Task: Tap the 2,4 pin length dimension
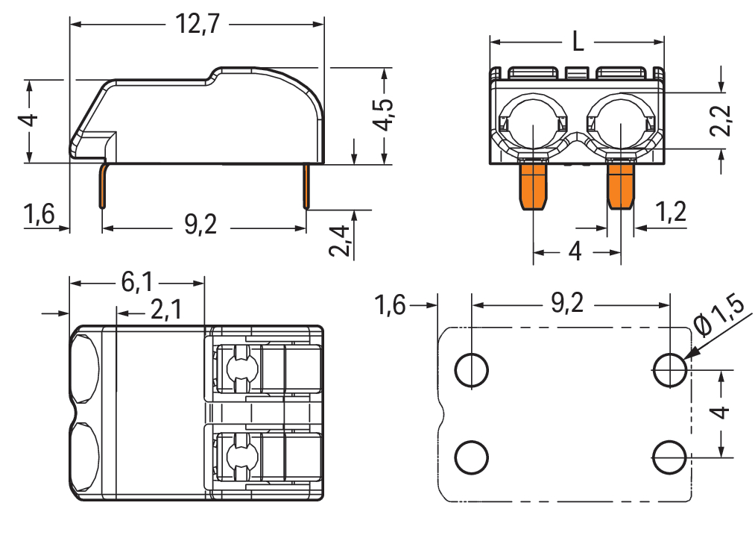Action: point(339,240)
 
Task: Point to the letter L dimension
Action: point(578,43)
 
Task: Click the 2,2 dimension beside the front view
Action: point(720,120)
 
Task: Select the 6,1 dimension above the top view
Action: point(136,283)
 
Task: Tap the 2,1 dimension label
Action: point(165,309)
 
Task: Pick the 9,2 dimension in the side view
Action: point(200,225)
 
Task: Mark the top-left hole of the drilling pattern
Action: point(472,369)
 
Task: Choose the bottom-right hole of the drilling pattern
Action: point(670,457)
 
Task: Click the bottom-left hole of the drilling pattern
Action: point(472,457)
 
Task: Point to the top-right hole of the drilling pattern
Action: point(670,369)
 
